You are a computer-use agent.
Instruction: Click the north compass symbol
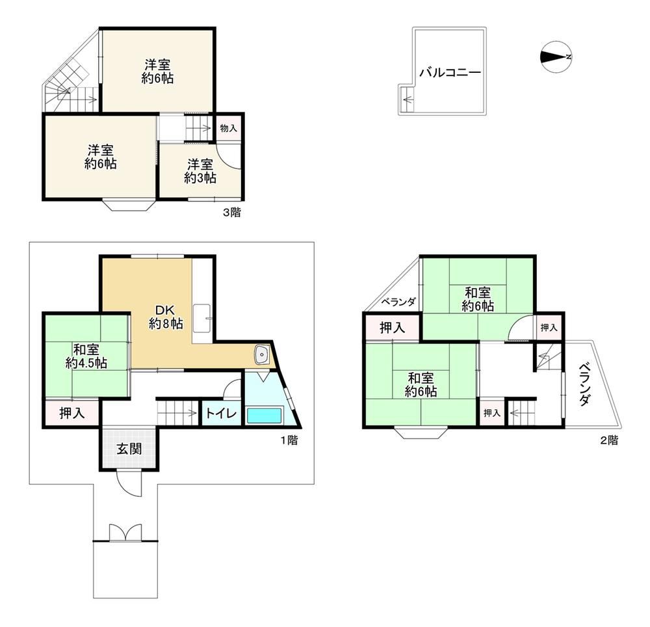(556, 57)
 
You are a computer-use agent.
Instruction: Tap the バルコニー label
(450, 73)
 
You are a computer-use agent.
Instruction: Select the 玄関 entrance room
(129, 448)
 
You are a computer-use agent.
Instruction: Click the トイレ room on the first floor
(222, 413)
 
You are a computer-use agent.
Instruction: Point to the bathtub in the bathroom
(264, 415)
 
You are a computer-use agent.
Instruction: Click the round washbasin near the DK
(261, 354)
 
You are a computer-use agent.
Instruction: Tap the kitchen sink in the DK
(202, 317)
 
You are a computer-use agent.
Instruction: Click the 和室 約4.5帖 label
(86, 356)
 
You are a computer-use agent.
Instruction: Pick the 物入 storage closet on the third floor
(228, 128)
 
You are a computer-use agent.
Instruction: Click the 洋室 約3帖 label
(200, 171)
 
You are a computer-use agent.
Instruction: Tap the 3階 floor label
(232, 213)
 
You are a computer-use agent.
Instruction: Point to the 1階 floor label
(289, 440)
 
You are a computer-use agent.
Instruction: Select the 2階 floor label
(610, 440)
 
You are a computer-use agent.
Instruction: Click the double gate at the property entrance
(125, 533)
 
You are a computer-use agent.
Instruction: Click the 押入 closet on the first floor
(71, 413)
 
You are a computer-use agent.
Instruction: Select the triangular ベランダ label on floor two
(398, 302)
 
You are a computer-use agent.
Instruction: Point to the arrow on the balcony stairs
(408, 100)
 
